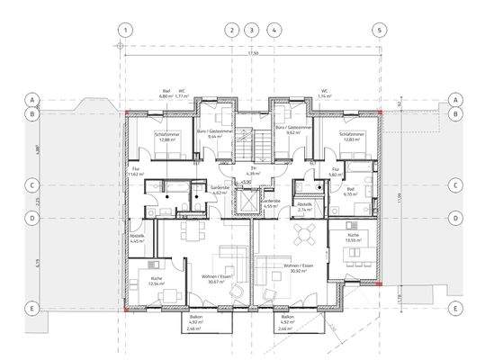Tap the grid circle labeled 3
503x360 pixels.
click(x=252, y=29)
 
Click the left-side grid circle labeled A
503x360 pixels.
click(x=31, y=99)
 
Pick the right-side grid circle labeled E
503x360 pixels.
click(x=455, y=308)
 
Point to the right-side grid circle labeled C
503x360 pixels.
click(x=455, y=185)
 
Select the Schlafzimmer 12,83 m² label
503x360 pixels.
click(x=352, y=137)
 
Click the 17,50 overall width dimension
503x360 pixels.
click(x=254, y=54)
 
